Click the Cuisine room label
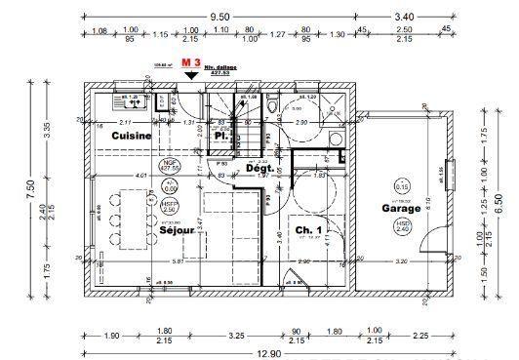point(130,137)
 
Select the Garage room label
point(400,208)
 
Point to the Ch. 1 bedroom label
point(310,231)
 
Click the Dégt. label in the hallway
point(259,168)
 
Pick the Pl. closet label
point(221,137)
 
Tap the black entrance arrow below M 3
point(191,74)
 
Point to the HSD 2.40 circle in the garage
point(401,227)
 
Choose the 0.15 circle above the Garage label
point(401,186)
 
